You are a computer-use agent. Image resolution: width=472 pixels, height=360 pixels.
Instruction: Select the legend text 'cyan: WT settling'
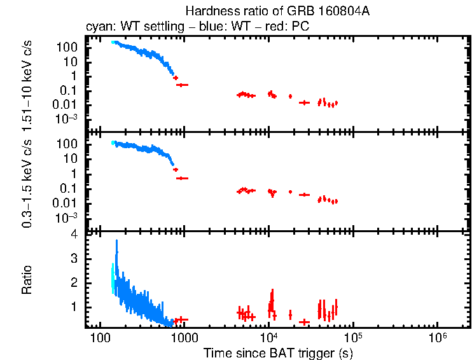pos(127,27)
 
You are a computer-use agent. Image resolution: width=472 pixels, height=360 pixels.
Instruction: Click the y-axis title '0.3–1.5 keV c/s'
pos(27,181)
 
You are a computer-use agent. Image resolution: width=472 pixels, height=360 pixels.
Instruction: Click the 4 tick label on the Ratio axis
pos(74,235)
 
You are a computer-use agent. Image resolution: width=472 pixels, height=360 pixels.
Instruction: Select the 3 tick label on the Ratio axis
pos(74,259)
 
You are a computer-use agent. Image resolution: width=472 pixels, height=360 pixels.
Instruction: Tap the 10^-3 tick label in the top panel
pos(67,119)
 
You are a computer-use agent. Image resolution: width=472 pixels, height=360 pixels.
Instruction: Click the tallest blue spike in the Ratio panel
pos(116,242)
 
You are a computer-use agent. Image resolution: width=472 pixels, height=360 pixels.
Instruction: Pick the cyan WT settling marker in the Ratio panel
pos(113,280)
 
